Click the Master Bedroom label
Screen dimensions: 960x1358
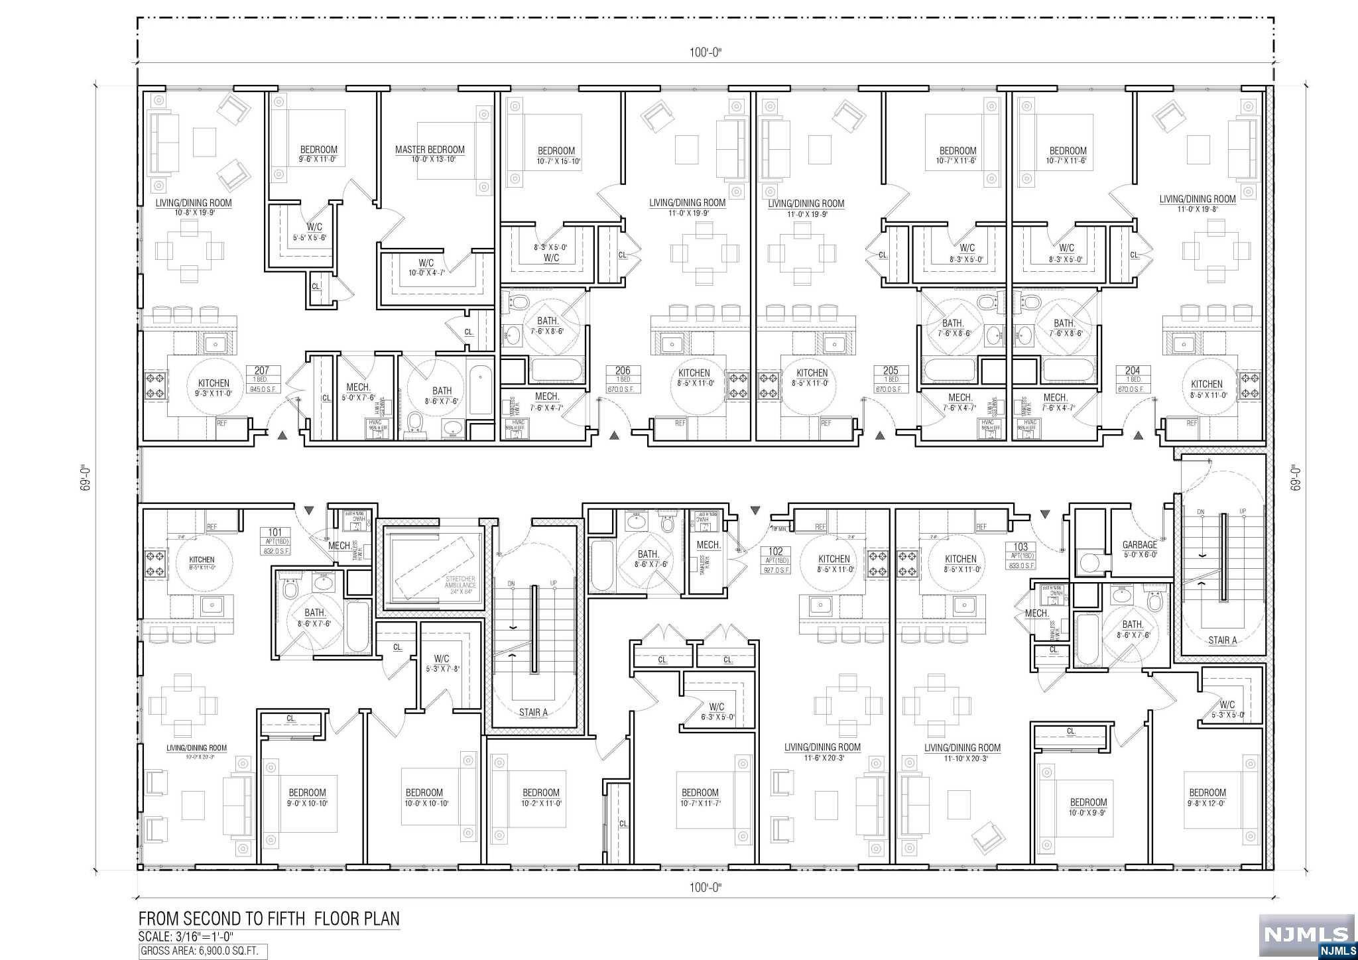point(430,150)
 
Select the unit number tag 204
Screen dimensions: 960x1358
point(1133,371)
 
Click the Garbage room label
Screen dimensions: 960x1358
point(1139,545)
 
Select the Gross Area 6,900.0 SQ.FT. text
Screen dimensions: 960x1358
point(204,952)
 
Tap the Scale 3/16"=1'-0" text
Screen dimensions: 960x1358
point(186,937)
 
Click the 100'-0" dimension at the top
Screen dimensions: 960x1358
point(704,53)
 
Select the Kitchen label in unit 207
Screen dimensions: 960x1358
point(214,383)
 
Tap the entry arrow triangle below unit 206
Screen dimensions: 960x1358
point(615,436)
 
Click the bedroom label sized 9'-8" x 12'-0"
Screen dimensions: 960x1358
point(1207,792)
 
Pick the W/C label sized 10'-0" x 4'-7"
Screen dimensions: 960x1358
point(426,263)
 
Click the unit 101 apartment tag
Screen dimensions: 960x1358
point(275,532)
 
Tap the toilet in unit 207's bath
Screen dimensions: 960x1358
point(416,422)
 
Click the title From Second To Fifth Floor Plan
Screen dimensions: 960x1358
point(269,919)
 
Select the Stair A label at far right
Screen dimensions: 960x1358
point(1222,640)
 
